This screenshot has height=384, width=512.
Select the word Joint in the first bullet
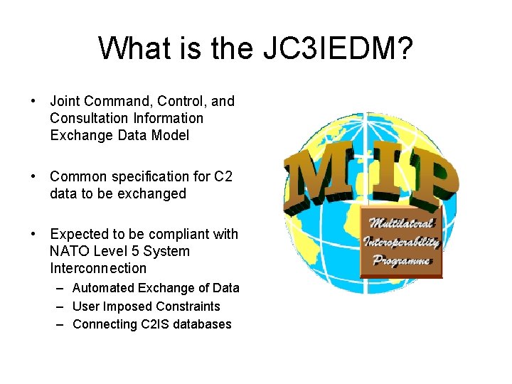(65, 102)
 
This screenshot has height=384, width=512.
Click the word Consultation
(91, 119)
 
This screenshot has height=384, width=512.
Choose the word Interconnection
(98, 269)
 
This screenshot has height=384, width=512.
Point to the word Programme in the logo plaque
(398, 261)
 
